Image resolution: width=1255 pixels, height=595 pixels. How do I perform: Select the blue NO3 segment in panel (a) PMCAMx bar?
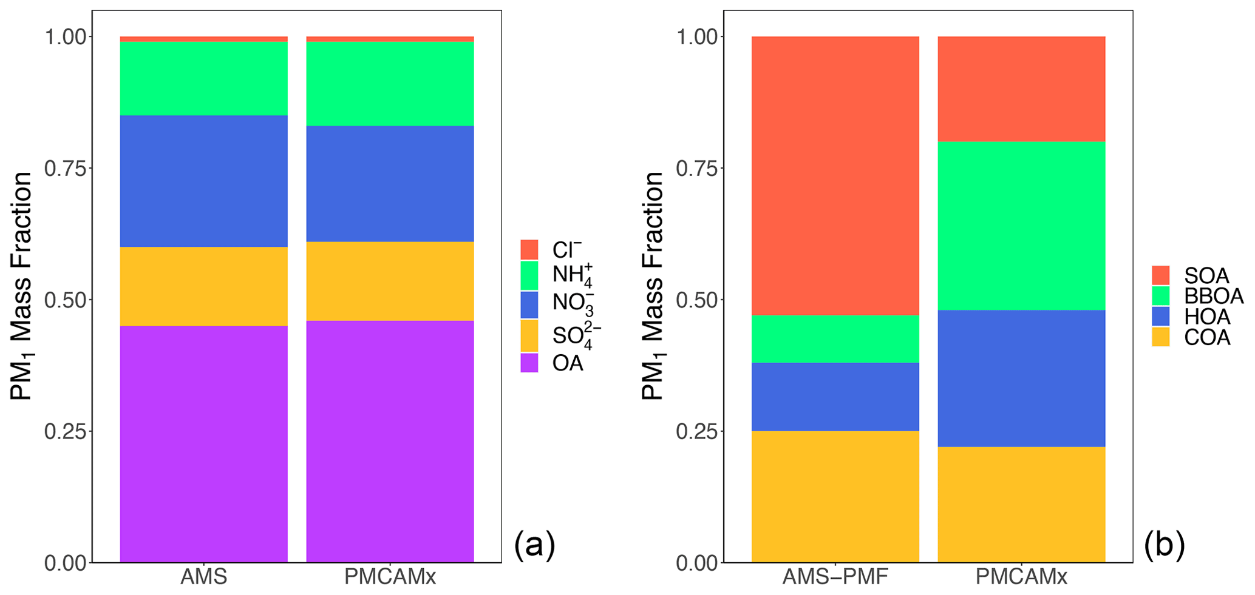(x=390, y=184)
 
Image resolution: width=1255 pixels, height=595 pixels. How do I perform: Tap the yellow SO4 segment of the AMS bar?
(x=203, y=286)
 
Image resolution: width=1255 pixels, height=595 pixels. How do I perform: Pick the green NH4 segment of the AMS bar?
(x=203, y=78)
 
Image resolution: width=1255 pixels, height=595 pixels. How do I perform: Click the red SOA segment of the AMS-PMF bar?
(x=835, y=175)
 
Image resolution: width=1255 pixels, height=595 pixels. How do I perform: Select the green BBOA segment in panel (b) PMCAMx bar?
(x=1021, y=226)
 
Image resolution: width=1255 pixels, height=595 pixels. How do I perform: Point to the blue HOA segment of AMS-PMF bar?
(x=835, y=397)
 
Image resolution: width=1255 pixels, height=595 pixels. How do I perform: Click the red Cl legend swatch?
(x=529, y=249)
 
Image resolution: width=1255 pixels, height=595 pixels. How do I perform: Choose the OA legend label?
(x=568, y=363)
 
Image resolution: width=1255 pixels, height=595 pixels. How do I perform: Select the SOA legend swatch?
(x=1161, y=275)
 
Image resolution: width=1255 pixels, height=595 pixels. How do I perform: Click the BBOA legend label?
(x=1213, y=296)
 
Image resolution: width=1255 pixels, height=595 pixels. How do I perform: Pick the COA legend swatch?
(x=1161, y=337)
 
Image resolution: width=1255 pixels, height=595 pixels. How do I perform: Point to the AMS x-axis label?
(x=203, y=577)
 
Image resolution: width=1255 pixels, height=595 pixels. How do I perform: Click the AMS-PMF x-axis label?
(x=835, y=577)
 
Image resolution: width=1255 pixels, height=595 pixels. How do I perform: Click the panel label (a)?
(x=534, y=545)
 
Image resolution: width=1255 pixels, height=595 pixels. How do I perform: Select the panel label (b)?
(x=1165, y=545)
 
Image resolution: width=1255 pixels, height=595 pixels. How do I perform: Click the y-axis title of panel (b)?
(x=653, y=286)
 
